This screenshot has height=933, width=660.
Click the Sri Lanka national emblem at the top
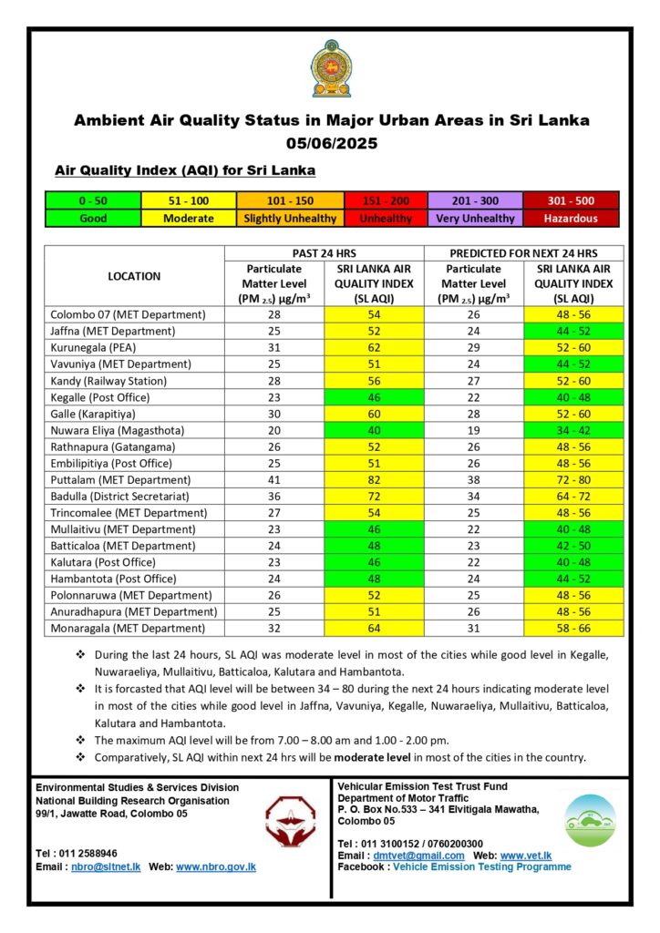click(330, 69)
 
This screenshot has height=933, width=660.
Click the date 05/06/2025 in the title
click(331, 143)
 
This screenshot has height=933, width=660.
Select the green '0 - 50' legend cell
click(93, 201)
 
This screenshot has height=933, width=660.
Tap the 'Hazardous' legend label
click(572, 219)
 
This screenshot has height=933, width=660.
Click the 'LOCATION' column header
click(134, 276)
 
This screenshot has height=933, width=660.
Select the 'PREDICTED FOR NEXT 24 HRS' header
click(524, 252)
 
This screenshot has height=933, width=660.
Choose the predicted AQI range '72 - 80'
click(573, 480)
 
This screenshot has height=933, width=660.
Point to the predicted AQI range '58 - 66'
click(573, 629)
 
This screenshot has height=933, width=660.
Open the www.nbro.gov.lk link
click(216, 867)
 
